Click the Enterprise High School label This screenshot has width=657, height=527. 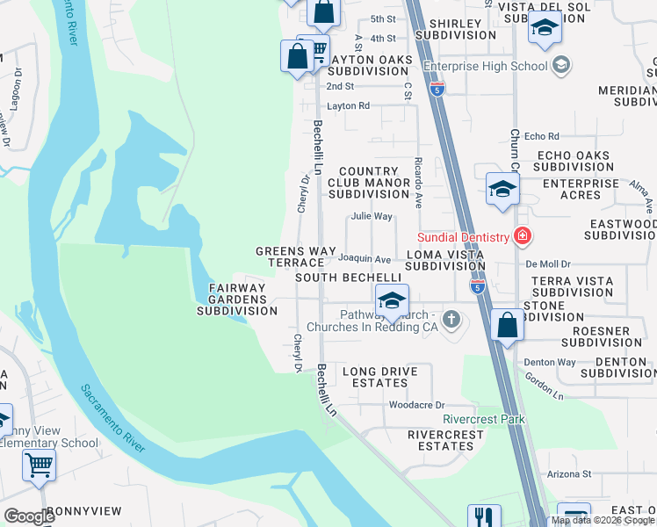point(486,66)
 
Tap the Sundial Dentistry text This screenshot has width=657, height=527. point(462,237)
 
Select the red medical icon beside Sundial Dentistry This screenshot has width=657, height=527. point(522,236)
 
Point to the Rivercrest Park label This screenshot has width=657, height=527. point(484,419)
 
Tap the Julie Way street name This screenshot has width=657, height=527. point(371,216)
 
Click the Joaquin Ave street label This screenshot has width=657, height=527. point(365,259)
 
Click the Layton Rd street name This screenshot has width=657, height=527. point(348,105)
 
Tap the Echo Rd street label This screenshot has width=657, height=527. point(541,136)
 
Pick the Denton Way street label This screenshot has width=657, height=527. point(550,362)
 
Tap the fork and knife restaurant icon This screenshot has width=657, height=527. point(483,516)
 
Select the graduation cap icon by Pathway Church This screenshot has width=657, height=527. point(392,300)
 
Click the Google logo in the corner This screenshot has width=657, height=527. point(29,516)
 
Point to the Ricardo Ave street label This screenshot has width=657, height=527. point(419,182)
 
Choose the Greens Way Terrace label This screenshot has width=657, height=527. point(296,256)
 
